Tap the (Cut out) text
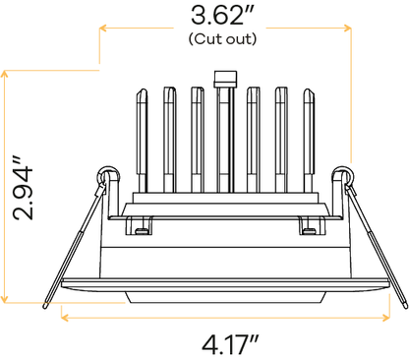click(x=222, y=39)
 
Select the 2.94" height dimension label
click(x=23, y=188)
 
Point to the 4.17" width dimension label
click(x=230, y=344)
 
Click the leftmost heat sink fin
click(x=142, y=141)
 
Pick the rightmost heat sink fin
click(x=309, y=141)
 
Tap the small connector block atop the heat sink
click(x=225, y=79)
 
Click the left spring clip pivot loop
click(x=107, y=175)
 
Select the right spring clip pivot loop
click(x=343, y=175)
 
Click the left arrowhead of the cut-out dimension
click(x=103, y=28)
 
